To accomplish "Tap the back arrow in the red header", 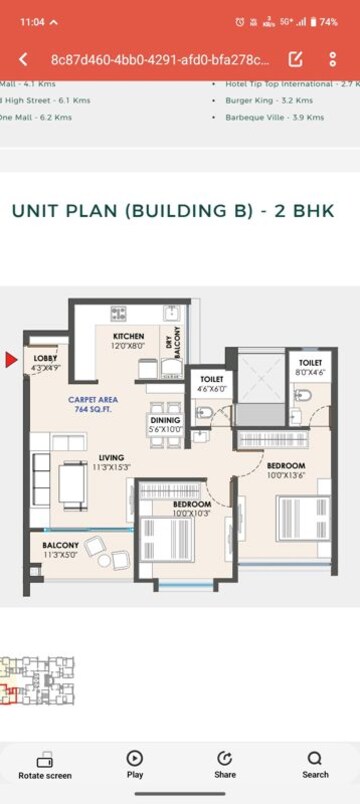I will point(23,60).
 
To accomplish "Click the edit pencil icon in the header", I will point(296,60).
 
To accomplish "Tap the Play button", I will point(134,764).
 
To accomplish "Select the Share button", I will point(225,764).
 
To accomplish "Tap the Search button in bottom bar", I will point(315,764).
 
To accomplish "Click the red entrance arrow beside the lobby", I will point(12,360).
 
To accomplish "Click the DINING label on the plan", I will point(166,420).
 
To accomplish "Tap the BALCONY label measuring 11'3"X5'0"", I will point(61,546).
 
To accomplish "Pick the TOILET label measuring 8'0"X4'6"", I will point(308,366).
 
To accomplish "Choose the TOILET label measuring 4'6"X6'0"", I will point(211,380).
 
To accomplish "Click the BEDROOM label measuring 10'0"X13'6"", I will point(285,466).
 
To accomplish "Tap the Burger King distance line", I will point(269,101).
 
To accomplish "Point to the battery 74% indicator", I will point(323,21).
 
